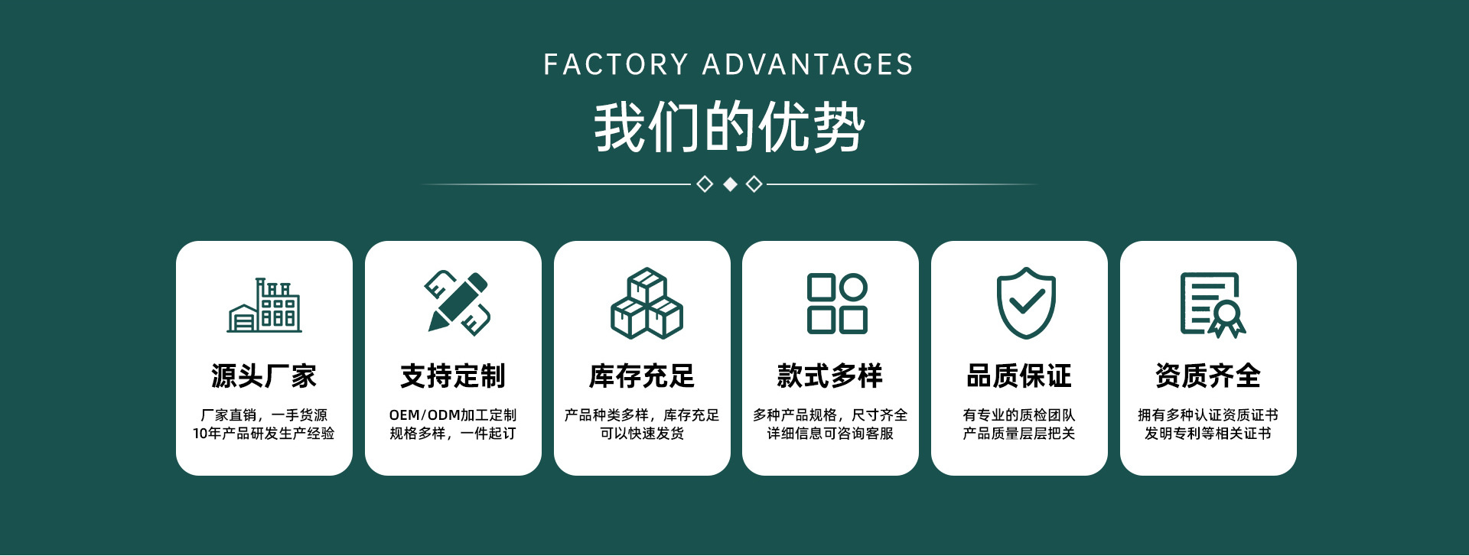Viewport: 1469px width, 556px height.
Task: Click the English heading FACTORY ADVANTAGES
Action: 728,65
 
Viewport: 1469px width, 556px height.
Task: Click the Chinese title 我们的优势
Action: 729,127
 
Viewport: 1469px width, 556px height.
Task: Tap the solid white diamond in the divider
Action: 730,184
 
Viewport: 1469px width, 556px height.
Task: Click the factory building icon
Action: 265,305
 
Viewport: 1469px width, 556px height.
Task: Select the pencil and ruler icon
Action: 458,303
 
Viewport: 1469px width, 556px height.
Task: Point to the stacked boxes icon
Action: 647,303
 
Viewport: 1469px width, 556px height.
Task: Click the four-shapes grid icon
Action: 837,304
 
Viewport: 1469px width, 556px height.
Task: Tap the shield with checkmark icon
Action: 1026,303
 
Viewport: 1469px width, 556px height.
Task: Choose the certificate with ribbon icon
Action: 1213,304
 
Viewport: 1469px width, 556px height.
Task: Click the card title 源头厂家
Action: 264,376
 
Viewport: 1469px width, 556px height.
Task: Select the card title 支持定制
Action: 453,376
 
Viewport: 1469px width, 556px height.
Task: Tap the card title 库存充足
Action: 642,376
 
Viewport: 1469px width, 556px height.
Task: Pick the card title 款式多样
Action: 830,376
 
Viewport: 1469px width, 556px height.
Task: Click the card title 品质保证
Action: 1019,376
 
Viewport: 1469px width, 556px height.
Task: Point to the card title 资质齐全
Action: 1208,376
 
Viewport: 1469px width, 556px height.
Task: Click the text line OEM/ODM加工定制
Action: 453,415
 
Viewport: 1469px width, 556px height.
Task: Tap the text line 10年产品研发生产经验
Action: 264,434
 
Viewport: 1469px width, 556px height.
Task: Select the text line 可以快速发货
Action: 642,434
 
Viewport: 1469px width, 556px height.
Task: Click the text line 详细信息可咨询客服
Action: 830,434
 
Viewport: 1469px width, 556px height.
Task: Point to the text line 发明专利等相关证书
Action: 1208,434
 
